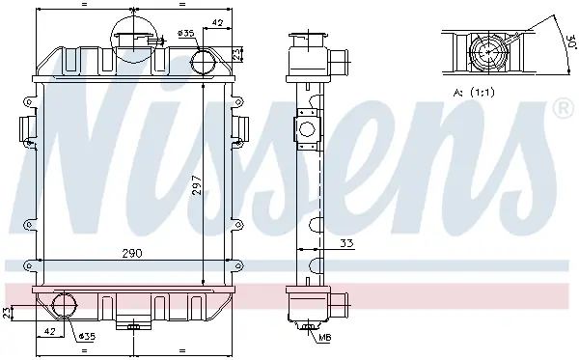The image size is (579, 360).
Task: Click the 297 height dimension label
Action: pos(198,184)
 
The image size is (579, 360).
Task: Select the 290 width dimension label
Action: pos(132,253)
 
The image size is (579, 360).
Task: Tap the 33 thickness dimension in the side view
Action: pos(346,243)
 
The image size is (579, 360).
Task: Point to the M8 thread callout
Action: pos(325,337)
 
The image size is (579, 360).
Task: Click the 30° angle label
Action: pos(571,42)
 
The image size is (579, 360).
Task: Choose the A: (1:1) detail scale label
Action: pos(474,93)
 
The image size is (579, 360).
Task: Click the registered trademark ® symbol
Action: pos(563,108)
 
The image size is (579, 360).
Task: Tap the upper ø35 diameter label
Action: pos(185,33)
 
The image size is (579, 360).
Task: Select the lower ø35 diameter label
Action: pos(87,336)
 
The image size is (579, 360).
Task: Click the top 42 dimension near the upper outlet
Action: pos(217,23)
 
